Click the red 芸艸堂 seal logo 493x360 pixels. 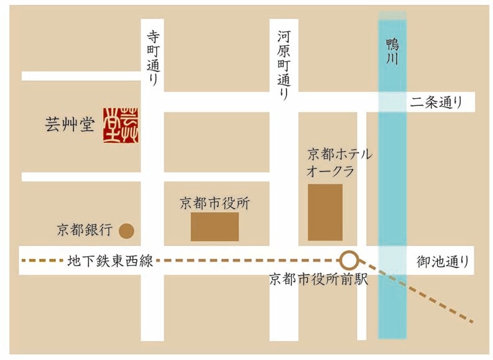[121, 124]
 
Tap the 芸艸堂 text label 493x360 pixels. [70, 125]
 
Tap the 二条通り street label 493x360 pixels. [436, 103]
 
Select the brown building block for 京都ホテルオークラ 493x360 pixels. [325, 212]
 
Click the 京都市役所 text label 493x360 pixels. [214, 203]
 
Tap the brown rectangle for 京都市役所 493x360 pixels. [214, 227]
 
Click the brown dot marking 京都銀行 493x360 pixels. [126, 231]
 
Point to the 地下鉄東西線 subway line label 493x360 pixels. [110, 262]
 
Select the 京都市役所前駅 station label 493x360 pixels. [319, 279]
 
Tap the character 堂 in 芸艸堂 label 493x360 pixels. [86, 125]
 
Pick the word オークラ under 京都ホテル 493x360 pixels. [331, 171]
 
